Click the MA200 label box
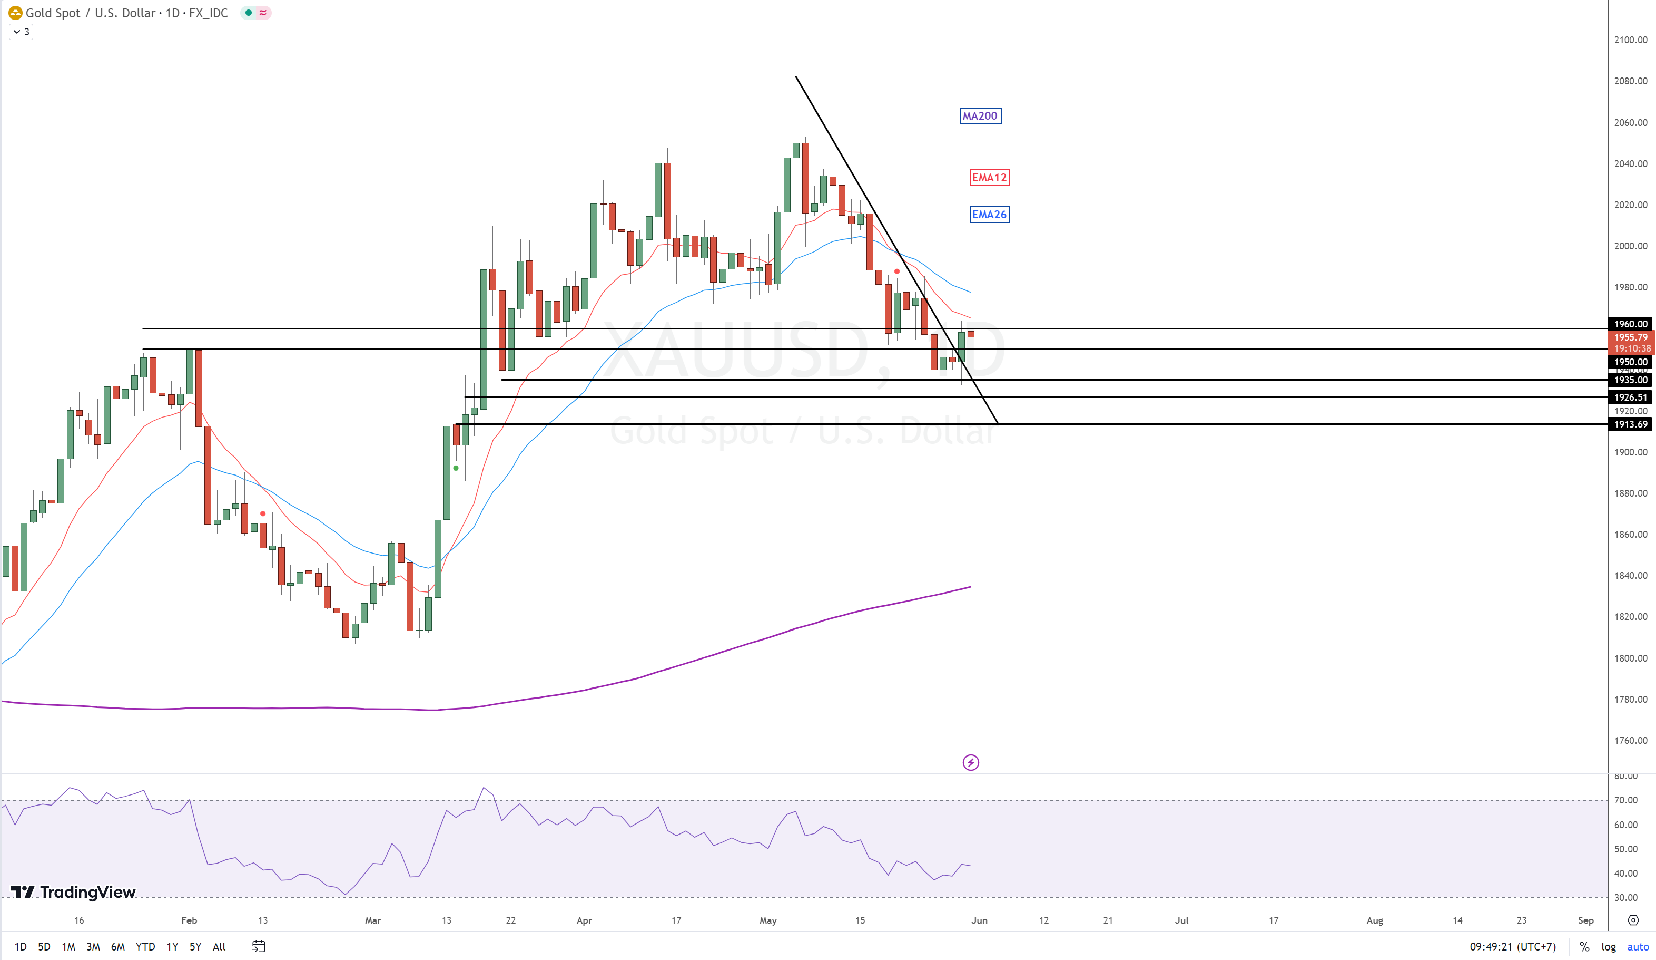point(980,117)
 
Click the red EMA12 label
point(989,178)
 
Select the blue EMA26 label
point(989,215)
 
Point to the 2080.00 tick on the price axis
point(1630,81)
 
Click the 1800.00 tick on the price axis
point(1630,658)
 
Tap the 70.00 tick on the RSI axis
point(1626,800)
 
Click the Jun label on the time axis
point(979,920)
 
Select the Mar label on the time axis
point(372,920)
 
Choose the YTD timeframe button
point(145,947)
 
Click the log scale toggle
point(1609,947)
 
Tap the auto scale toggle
point(1638,947)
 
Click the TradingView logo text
point(87,893)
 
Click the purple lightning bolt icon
point(971,763)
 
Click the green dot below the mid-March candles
point(456,468)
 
